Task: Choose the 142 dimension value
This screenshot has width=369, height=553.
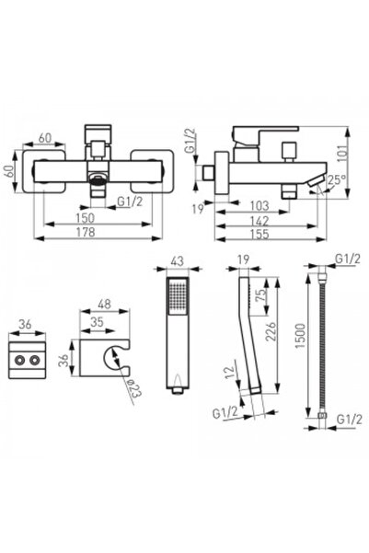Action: (x=265, y=221)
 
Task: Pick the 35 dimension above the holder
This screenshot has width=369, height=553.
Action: (x=98, y=321)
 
